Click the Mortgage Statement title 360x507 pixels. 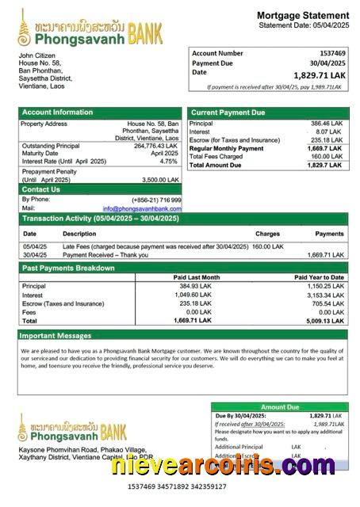point(303,15)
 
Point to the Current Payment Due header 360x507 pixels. point(228,112)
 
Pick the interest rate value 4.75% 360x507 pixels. point(168,161)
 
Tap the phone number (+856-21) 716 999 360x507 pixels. point(156,200)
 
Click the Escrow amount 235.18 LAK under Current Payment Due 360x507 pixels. point(327,140)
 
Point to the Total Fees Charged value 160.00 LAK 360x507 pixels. point(327,156)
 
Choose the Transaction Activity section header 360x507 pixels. point(100,218)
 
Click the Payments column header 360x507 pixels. point(329,234)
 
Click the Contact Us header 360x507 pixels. point(40,189)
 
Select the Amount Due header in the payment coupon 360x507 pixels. point(280,406)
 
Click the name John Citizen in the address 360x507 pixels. point(37,55)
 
